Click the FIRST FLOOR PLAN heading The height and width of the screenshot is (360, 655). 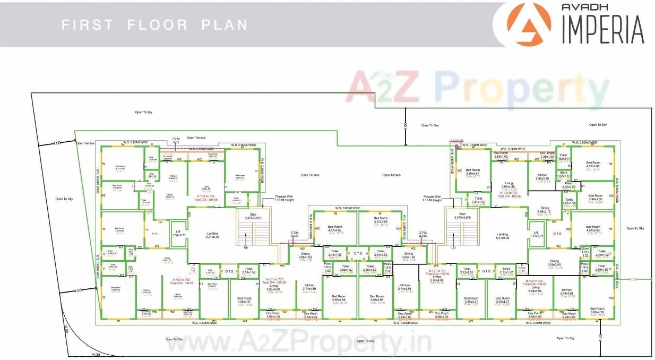[154, 25]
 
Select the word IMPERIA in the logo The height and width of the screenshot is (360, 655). [602, 30]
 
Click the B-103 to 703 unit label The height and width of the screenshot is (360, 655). [509, 193]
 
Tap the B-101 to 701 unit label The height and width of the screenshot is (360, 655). [437, 271]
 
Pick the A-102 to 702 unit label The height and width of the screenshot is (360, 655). [181, 279]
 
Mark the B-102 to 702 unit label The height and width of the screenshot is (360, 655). [535, 281]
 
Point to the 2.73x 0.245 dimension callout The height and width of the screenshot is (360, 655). [295, 234]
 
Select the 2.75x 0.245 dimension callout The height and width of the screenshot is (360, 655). [423, 234]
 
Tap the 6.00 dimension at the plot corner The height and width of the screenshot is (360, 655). [96, 354]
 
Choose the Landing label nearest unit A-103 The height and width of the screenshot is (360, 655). [213, 234]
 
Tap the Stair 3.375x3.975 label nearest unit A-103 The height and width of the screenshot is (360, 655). [254, 216]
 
